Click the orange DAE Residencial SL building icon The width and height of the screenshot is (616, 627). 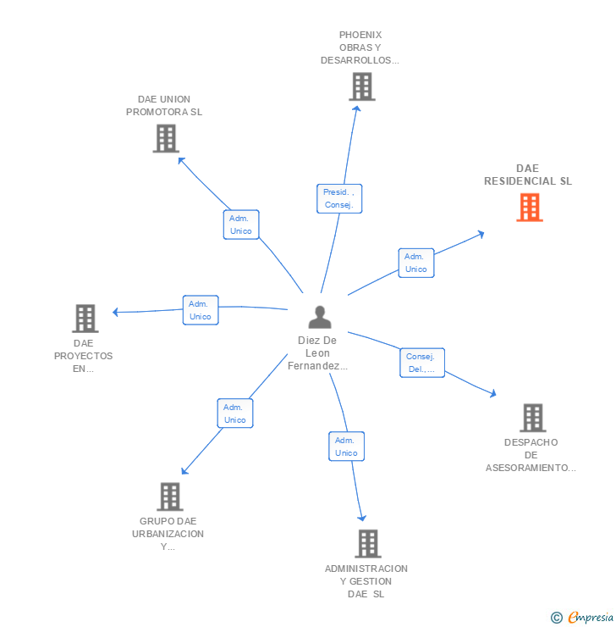point(530,208)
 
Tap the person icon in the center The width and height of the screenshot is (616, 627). point(320,318)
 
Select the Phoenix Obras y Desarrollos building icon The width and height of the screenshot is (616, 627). point(361,86)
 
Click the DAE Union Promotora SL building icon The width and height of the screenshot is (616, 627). point(166,138)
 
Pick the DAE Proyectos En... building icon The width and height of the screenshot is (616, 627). point(85,319)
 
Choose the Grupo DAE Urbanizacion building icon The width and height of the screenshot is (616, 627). point(170,497)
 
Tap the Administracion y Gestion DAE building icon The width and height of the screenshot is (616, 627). point(367,544)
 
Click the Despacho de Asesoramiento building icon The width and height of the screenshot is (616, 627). point(532,418)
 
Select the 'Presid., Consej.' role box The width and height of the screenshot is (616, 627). point(339,198)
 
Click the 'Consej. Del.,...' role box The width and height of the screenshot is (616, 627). point(421,363)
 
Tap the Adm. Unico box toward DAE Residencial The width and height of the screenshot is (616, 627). point(415,263)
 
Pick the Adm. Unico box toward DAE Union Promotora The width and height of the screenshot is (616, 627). point(241,225)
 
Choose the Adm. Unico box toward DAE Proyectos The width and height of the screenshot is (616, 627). point(201,310)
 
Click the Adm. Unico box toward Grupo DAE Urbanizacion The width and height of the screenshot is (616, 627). point(234,413)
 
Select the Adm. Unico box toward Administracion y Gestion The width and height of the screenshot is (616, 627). point(346,447)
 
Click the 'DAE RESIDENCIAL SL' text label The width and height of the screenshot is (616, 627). point(528,175)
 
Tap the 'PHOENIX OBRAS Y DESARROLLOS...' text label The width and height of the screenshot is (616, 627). point(360,47)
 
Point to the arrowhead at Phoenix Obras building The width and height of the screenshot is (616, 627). point(357,107)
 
